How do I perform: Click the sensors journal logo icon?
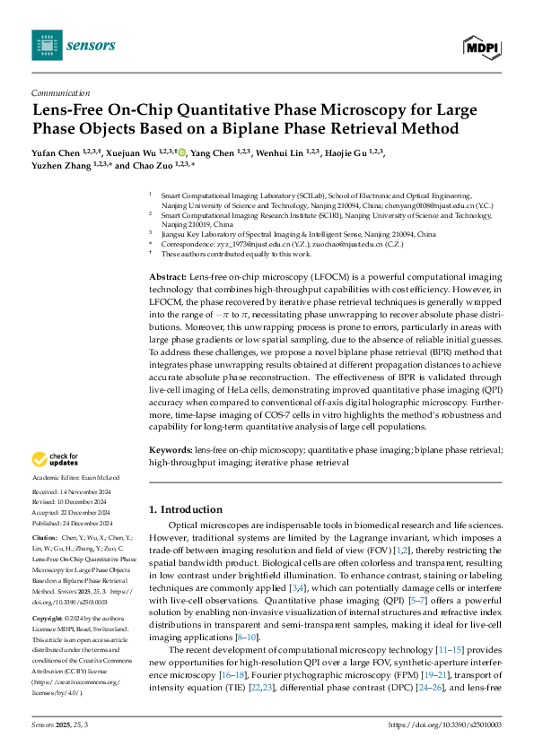tap(44, 44)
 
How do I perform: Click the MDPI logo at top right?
tap(482, 45)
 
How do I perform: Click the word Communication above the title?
tap(60, 92)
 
